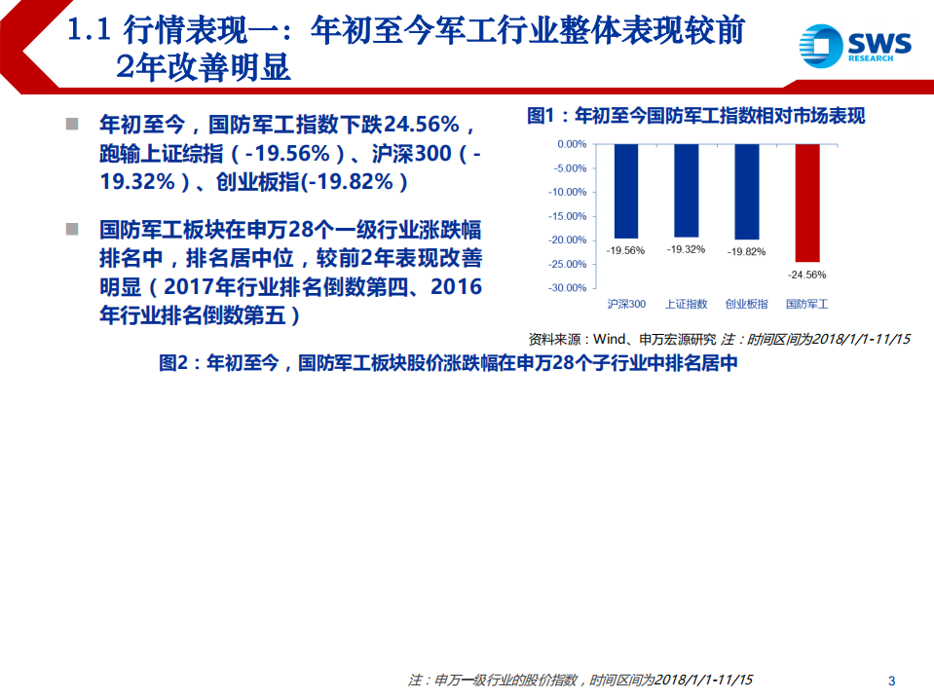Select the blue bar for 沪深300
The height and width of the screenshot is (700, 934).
pyautogui.click(x=626, y=191)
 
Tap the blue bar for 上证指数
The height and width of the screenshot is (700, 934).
pyautogui.click(x=686, y=190)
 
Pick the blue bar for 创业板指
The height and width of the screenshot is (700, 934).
pyautogui.click(x=747, y=192)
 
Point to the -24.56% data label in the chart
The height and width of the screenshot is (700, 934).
pyautogui.click(x=806, y=273)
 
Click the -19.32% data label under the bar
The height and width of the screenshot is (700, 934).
pyautogui.click(x=686, y=249)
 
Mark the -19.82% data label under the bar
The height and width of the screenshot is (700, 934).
pyautogui.click(x=747, y=251)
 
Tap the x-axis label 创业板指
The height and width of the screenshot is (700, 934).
pyautogui.click(x=747, y=304)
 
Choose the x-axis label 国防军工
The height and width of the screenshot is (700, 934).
pyautogui.click(x=807, y=304)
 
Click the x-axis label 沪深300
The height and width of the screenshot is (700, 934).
pyautogui.click(x=626, y=304)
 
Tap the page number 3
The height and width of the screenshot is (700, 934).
pyautogui.click(x=892, y=680)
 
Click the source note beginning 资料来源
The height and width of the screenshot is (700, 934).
pyautogui.click(x=719, y=339)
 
